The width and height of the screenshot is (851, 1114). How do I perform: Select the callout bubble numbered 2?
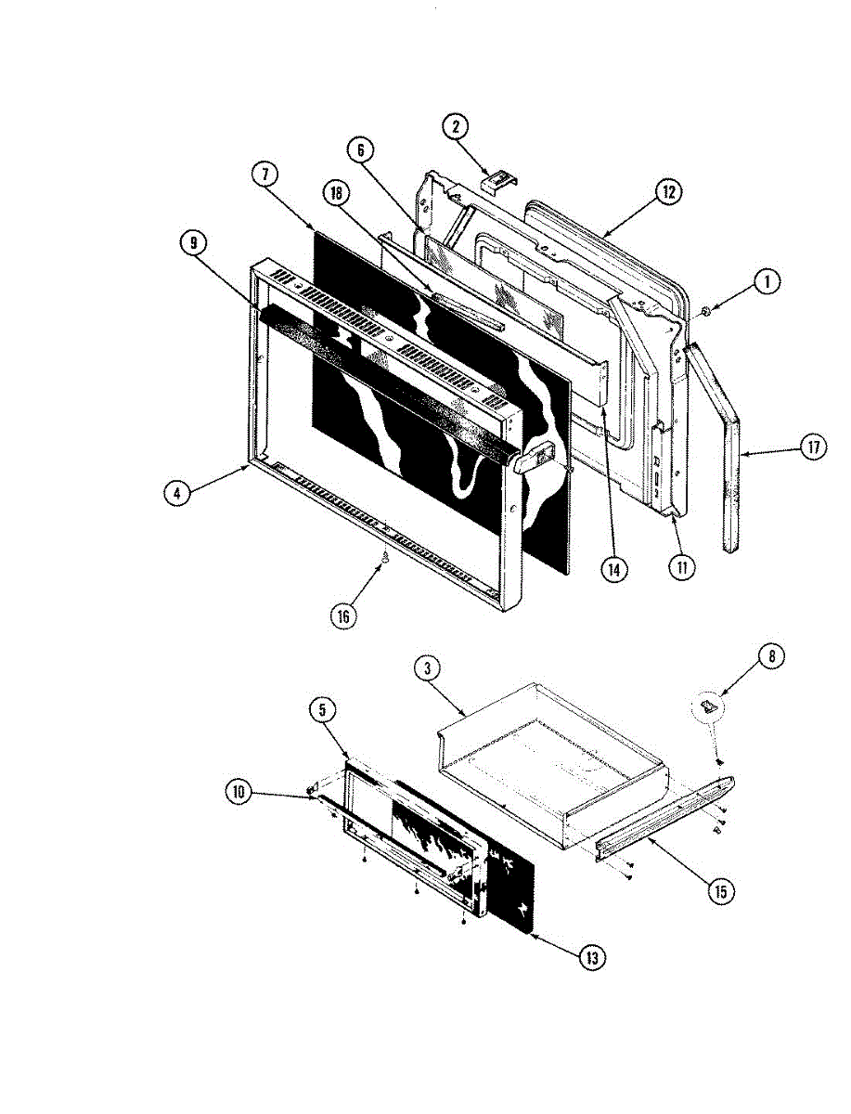click(456, 126)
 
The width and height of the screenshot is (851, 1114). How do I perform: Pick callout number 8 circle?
click(771, 656)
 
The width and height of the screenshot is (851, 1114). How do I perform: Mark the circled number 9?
click(193, 242)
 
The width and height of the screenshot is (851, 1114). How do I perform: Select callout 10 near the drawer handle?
click(239, 791)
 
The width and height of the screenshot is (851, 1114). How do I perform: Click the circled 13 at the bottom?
click(588, 958)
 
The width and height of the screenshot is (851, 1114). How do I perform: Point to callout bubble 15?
click(718, 891)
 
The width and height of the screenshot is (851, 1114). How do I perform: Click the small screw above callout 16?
click(383, 558)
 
